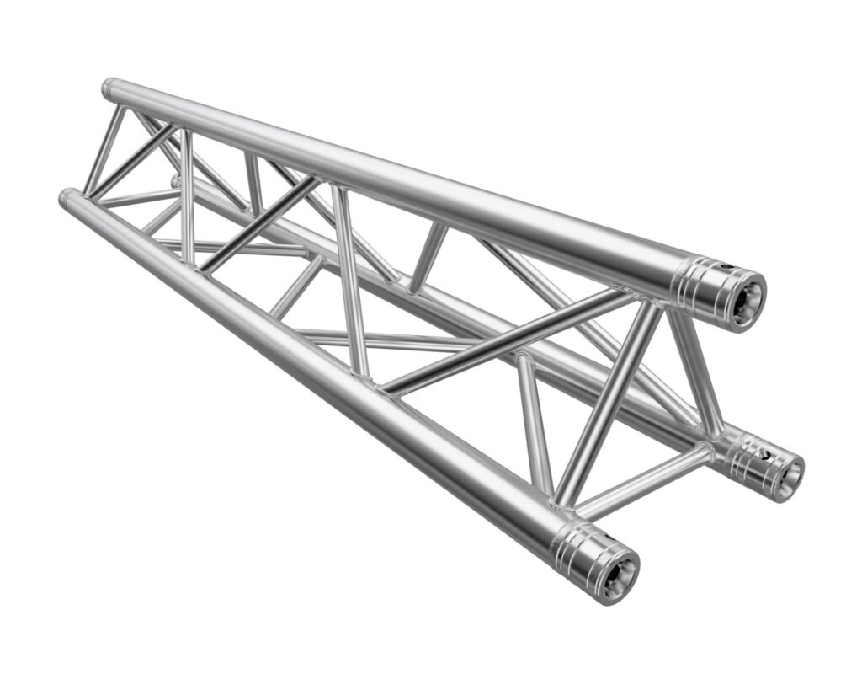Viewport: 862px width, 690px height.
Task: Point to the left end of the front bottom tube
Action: point(65,198)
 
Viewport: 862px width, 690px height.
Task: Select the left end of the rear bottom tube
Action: point(175,180)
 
